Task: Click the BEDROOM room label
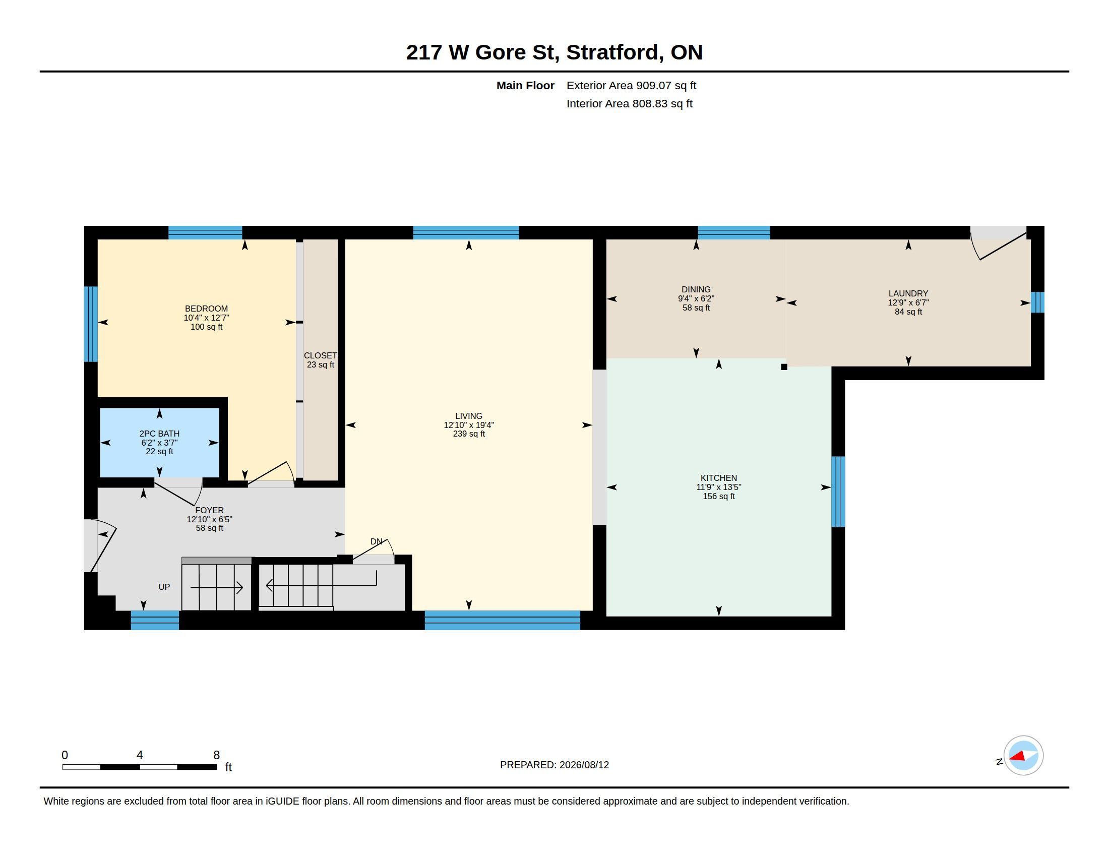click(x=206, y=309)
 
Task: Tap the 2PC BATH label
click(x=159, y=434)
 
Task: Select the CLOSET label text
click(x=321, y=355)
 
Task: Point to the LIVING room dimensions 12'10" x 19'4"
click(x=469, y=425)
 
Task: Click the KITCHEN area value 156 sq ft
click(x=718, y=496)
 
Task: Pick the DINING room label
click(x=696, y=289)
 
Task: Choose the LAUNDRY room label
click(x=908, y=293)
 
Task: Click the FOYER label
click(x=209, y=510)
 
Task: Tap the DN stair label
click(x=376, y=542)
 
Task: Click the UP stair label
click(x=164, y=587)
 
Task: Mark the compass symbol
click(x=1023, y=756)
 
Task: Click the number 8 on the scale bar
click(x=217, y=755)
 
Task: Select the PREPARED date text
click(x=555, y=765)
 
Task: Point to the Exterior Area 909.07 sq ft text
click(x=631, y=85)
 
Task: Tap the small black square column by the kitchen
click(x=784, y=366)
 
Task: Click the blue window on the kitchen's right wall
click(x=838, y=492)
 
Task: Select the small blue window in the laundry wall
click(x=1037, y=302)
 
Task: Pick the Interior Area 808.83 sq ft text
click(x=630, y=103)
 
